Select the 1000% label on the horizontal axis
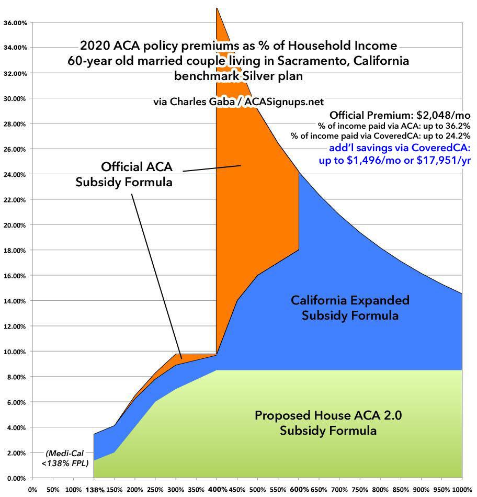462,490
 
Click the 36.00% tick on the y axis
16,22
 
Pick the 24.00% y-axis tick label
16,175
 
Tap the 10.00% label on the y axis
16,352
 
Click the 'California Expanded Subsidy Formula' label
350,308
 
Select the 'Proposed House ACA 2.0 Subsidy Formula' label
328,423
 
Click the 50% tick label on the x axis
52,490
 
